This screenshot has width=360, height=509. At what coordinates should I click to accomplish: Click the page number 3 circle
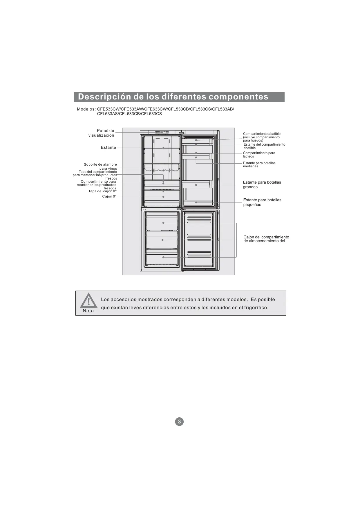179,421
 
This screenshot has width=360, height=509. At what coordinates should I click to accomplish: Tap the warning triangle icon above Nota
88,301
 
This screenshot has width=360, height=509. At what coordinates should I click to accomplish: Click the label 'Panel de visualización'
101,133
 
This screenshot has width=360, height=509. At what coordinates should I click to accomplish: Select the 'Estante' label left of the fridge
108,148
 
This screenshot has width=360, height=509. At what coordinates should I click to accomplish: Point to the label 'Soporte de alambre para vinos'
101,166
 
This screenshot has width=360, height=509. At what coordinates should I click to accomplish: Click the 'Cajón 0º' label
109,197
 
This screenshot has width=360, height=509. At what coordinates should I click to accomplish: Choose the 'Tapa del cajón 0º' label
102,191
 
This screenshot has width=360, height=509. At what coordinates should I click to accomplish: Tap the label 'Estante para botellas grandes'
262,184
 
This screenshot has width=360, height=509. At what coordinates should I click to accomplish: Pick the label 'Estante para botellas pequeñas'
262,202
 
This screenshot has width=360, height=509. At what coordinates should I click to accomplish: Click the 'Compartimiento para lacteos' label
259,155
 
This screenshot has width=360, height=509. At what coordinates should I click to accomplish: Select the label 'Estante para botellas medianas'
259,164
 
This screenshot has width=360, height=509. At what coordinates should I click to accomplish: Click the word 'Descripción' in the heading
104,97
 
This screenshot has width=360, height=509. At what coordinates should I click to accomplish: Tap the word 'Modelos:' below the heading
86,109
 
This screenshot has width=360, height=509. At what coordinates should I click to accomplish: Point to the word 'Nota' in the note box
88,311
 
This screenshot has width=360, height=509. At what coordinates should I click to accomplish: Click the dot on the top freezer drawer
163,223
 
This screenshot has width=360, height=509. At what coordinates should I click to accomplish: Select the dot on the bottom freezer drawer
163,257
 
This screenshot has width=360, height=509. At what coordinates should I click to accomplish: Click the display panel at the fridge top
162,132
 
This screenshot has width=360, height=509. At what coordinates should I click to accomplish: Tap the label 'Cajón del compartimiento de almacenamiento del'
266,239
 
